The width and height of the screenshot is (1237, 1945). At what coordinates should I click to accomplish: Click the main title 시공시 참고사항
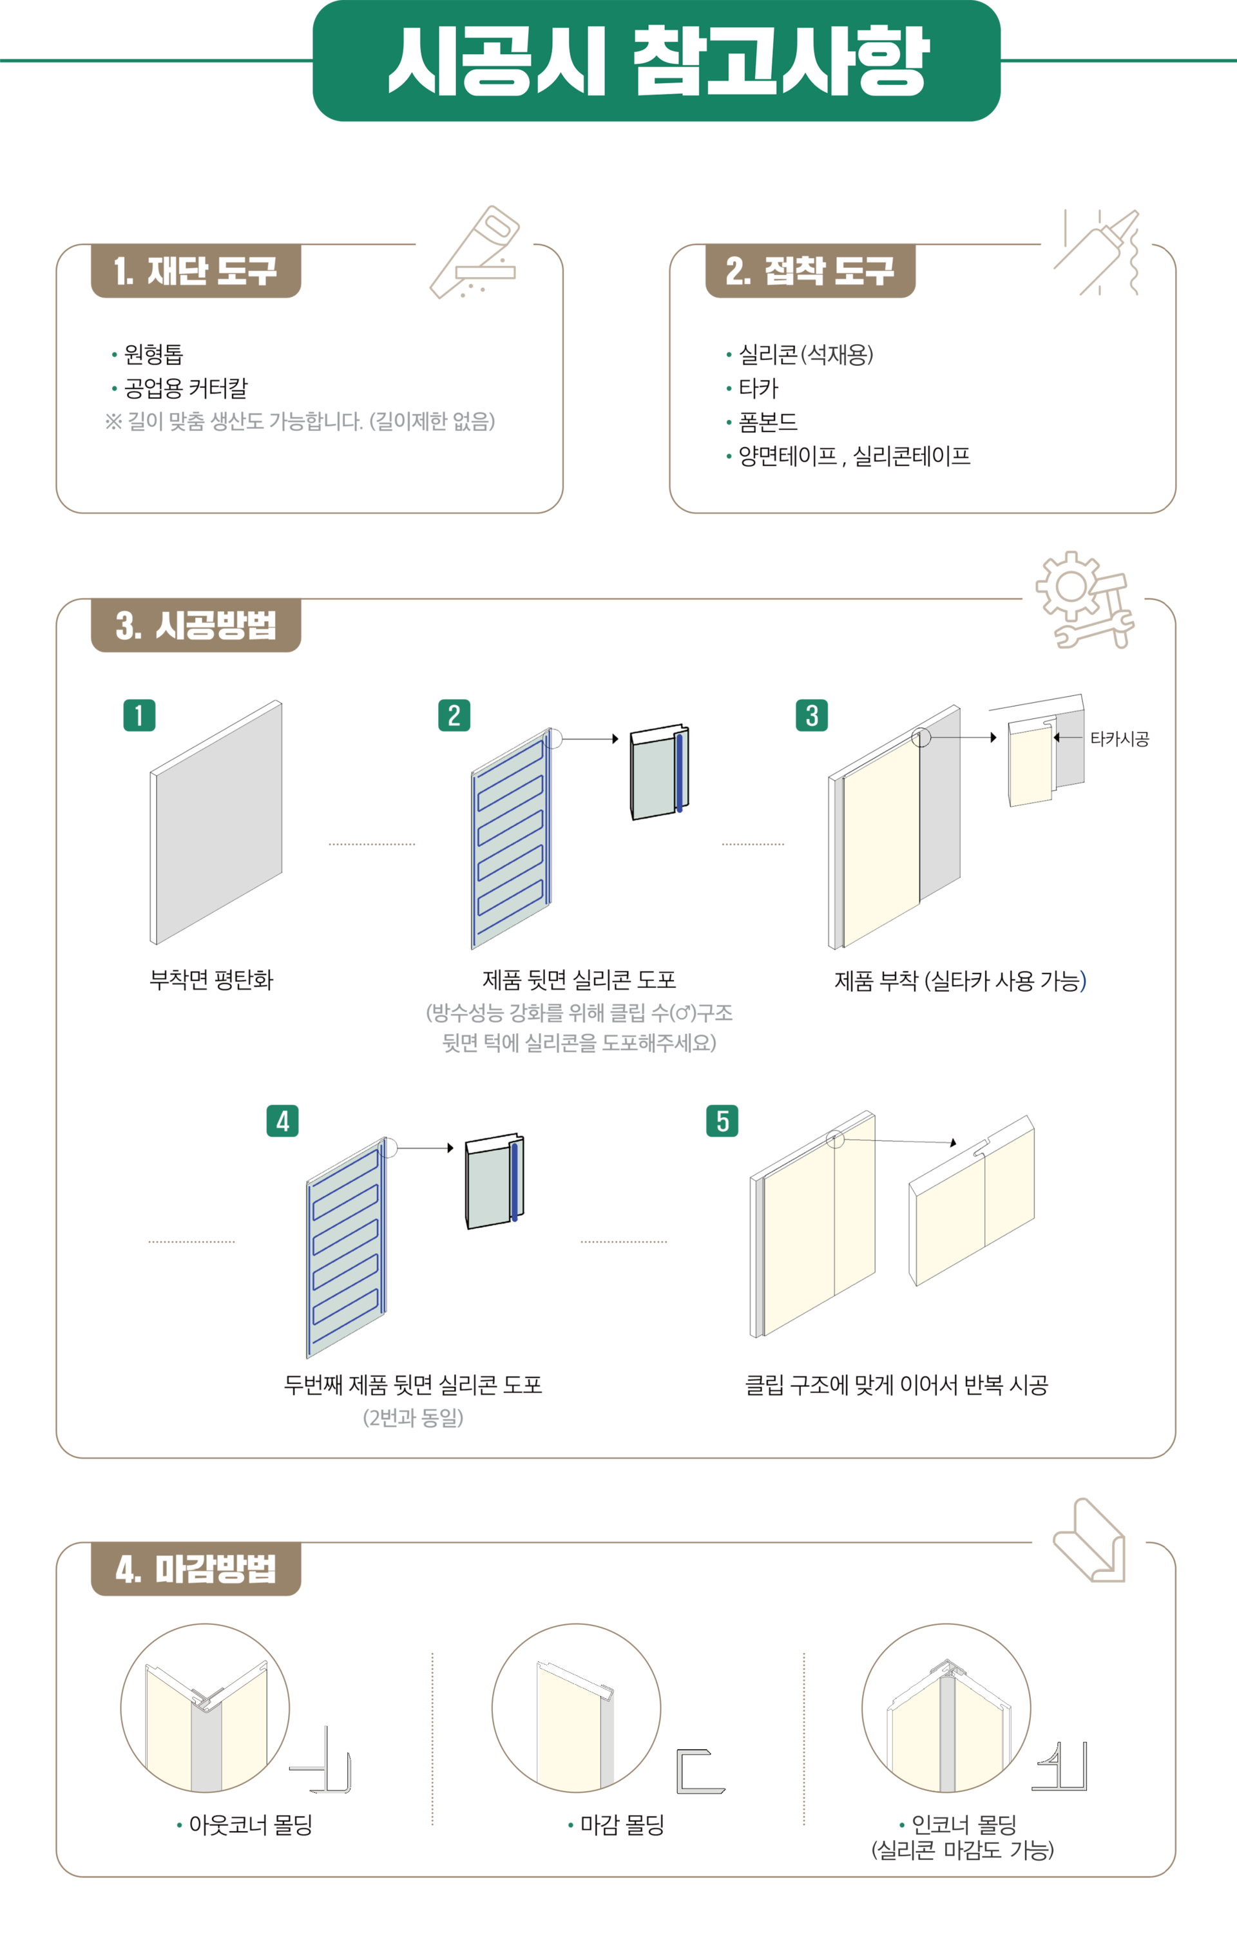658,61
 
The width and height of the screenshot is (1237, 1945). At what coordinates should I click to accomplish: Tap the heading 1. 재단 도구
195,271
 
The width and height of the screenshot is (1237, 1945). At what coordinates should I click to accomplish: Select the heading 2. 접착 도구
810,271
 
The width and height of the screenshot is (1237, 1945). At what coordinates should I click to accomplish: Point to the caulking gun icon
1097,252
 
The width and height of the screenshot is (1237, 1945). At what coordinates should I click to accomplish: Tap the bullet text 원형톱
153,354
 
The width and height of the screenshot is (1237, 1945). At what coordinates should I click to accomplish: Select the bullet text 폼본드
767,421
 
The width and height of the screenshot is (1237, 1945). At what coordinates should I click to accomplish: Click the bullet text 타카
758,388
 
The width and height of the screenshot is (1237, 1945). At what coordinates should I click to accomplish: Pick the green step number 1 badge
139,716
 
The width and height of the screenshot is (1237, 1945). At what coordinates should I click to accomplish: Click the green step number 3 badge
811,716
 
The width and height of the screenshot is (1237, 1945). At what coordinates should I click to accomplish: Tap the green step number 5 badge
722,1121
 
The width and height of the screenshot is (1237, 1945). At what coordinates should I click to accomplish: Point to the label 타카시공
1119,738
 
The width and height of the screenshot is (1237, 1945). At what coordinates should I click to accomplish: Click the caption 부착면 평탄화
212,980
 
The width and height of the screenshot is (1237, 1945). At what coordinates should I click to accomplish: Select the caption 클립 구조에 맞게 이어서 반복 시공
896,1385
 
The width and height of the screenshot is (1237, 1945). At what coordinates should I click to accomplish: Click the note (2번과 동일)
413,1417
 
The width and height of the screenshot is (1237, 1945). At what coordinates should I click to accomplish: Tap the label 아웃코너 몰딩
251,1825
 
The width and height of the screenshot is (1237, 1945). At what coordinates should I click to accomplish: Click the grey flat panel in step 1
216,822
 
